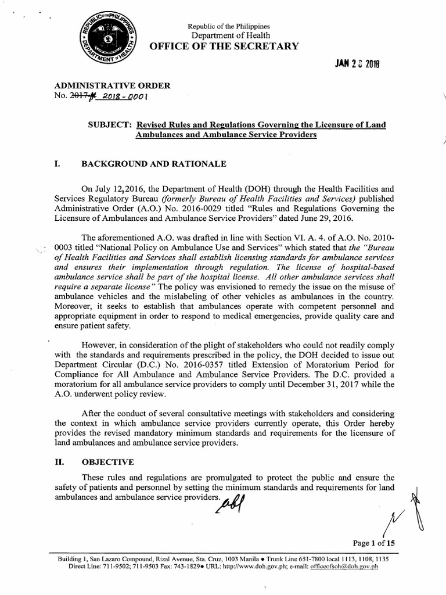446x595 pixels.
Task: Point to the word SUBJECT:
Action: pos(109,126)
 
